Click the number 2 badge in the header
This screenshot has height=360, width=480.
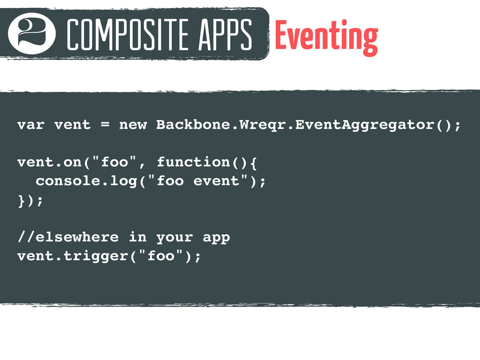tap(32, 33)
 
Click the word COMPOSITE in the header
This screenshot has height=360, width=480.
tap(127, 34)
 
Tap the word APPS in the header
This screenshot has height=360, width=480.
tap(225, 34)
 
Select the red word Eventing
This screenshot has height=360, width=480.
tap(327, 37)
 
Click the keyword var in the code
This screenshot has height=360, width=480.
tap(31, 125)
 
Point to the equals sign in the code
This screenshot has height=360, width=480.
tap(105, 125)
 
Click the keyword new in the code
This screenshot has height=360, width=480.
tap(133, 125)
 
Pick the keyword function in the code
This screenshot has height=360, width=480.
tap(194, 162)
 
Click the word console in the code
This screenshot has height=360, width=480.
tap(68, 180)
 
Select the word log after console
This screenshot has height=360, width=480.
tap(123, 181)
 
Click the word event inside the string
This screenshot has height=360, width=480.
tap(216, 181)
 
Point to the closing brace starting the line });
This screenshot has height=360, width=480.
tap(22, 201)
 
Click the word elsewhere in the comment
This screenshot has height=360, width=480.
tap(77, 237)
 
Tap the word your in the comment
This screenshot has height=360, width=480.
tap(175, 238)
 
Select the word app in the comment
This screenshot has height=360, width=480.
tap(217, 238)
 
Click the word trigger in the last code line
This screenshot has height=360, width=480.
tap(96, 256)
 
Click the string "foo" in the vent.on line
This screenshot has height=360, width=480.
tap(114, 162)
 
